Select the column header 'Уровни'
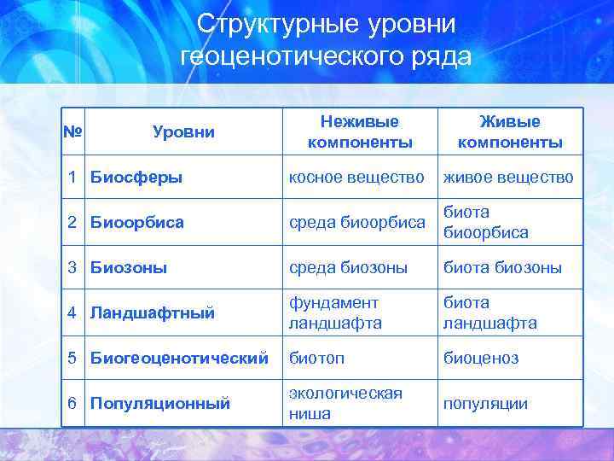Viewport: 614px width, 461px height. click(183, 131)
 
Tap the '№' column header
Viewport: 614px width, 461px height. click(74, 131)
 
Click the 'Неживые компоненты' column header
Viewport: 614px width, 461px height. click(359, 131)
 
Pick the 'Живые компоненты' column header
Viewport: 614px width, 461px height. click(509, 131)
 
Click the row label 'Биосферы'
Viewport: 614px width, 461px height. click(136, 177)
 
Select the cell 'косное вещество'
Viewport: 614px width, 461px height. click(356, 177)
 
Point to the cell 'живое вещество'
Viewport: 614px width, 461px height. click(507, 177)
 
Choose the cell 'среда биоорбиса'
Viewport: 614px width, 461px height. click(356, 222)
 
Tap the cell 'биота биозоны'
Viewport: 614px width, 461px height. click(501, 267)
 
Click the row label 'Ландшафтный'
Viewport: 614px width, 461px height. click(152, 312)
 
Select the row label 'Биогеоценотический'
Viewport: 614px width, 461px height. click(178, 358)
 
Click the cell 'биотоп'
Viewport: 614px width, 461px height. click(316, 358)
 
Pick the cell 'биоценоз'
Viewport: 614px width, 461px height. click(480, 358)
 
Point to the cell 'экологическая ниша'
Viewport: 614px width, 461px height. click(345, 403)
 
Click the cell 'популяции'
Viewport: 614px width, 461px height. click(484, 403)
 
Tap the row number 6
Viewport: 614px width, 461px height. click(74, 403)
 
